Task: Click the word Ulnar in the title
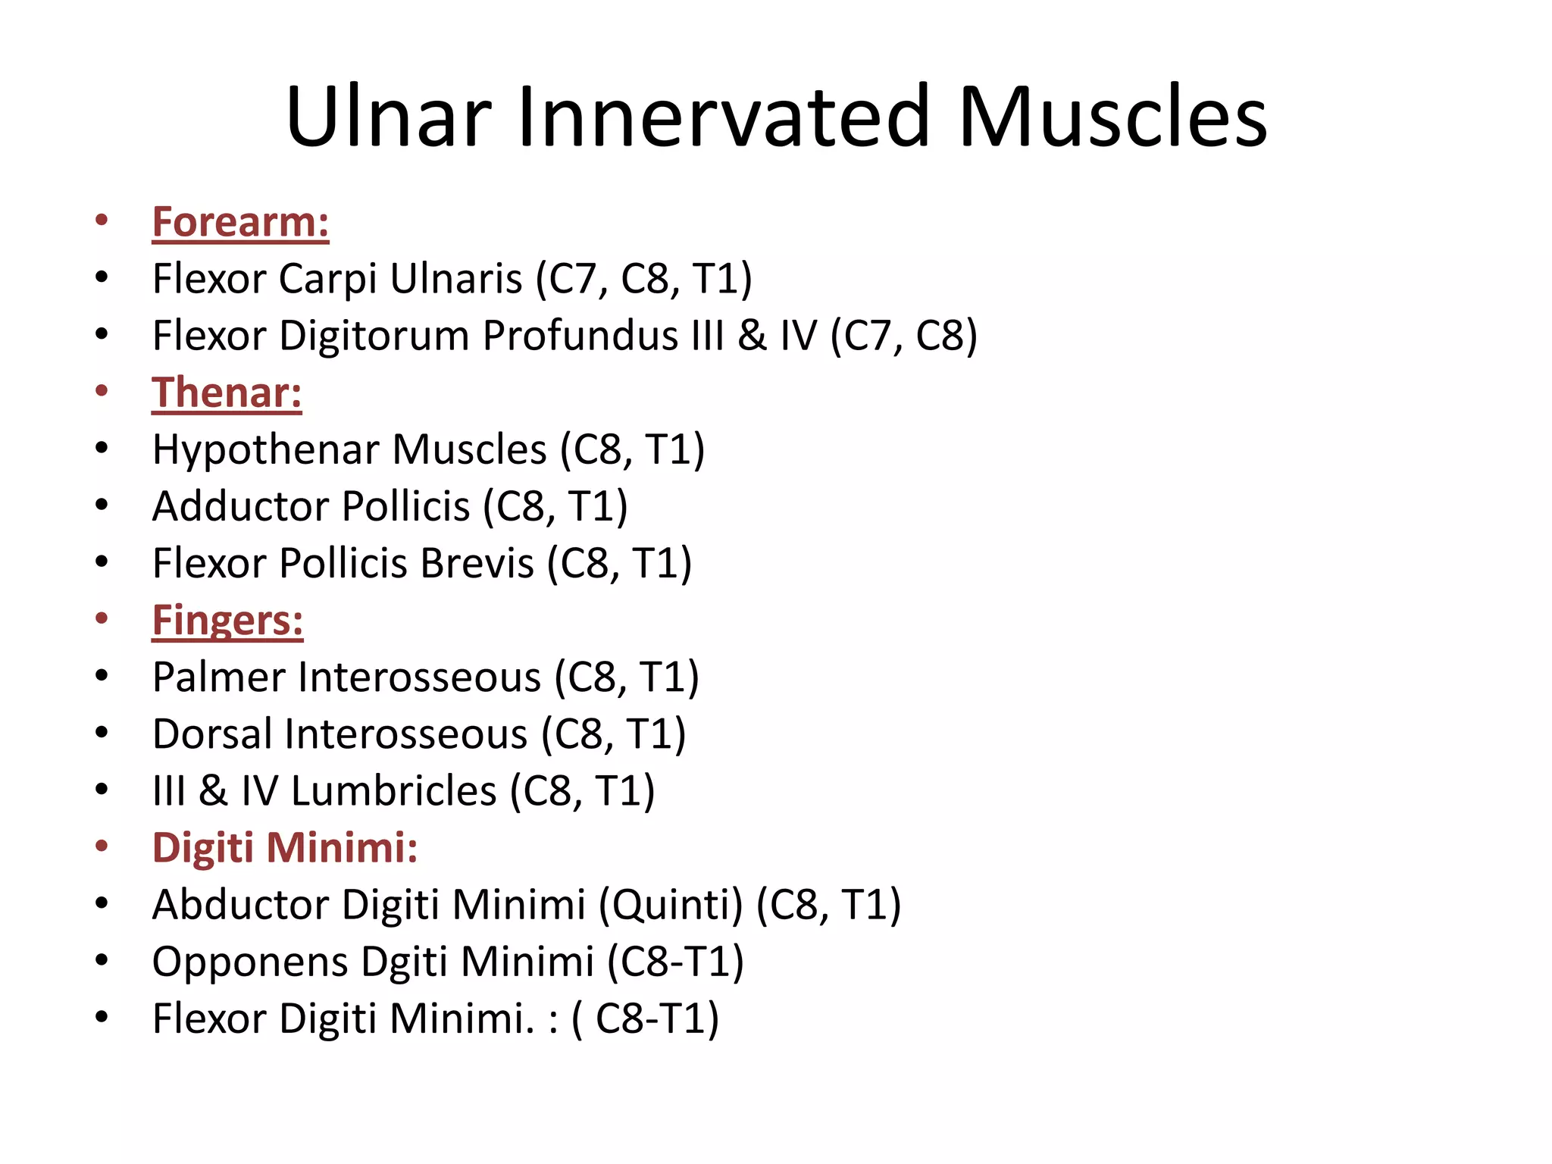click(x=389, y=117)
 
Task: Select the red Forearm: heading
click(x=240, y=222)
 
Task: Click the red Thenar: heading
click(x=227, y=393)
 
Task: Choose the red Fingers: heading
click(x=227, y=620)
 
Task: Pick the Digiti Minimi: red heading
click(x=285, y=847)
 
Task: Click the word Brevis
click(x=477, y=563)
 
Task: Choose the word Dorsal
click(x=212, y=734)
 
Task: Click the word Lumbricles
click(x=394, y=790)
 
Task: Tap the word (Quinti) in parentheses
click(x=671, y=905)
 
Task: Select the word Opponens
click(x=250, y=962)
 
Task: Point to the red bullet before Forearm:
click(x=102, y=221)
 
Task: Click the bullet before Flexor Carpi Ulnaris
click(x=102, y=277)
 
